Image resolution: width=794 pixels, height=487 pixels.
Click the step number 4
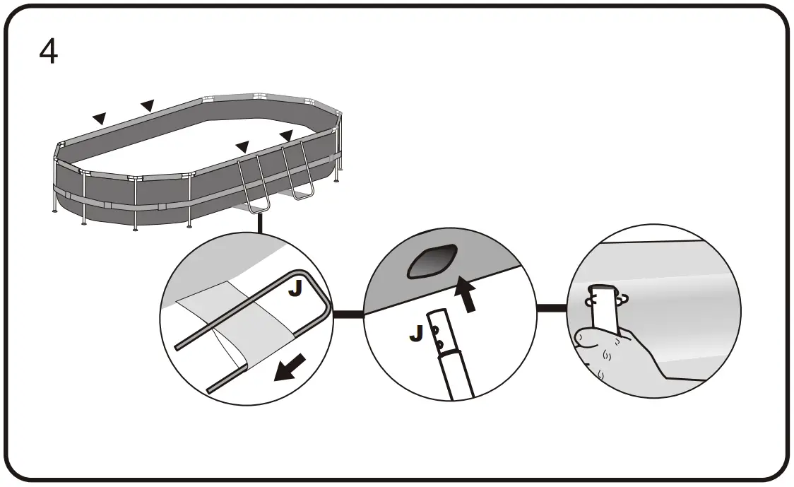click(x=48, y=52)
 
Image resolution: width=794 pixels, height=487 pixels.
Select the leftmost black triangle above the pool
click(x=100, y=118)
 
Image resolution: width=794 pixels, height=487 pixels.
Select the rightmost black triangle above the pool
click(x=286, y=134)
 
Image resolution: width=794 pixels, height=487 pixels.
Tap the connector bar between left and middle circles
click(x=348, y=314)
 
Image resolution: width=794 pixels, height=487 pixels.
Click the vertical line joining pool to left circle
click(x=260, y=223)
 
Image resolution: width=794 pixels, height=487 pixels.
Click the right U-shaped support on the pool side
click(x=297, y=173)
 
